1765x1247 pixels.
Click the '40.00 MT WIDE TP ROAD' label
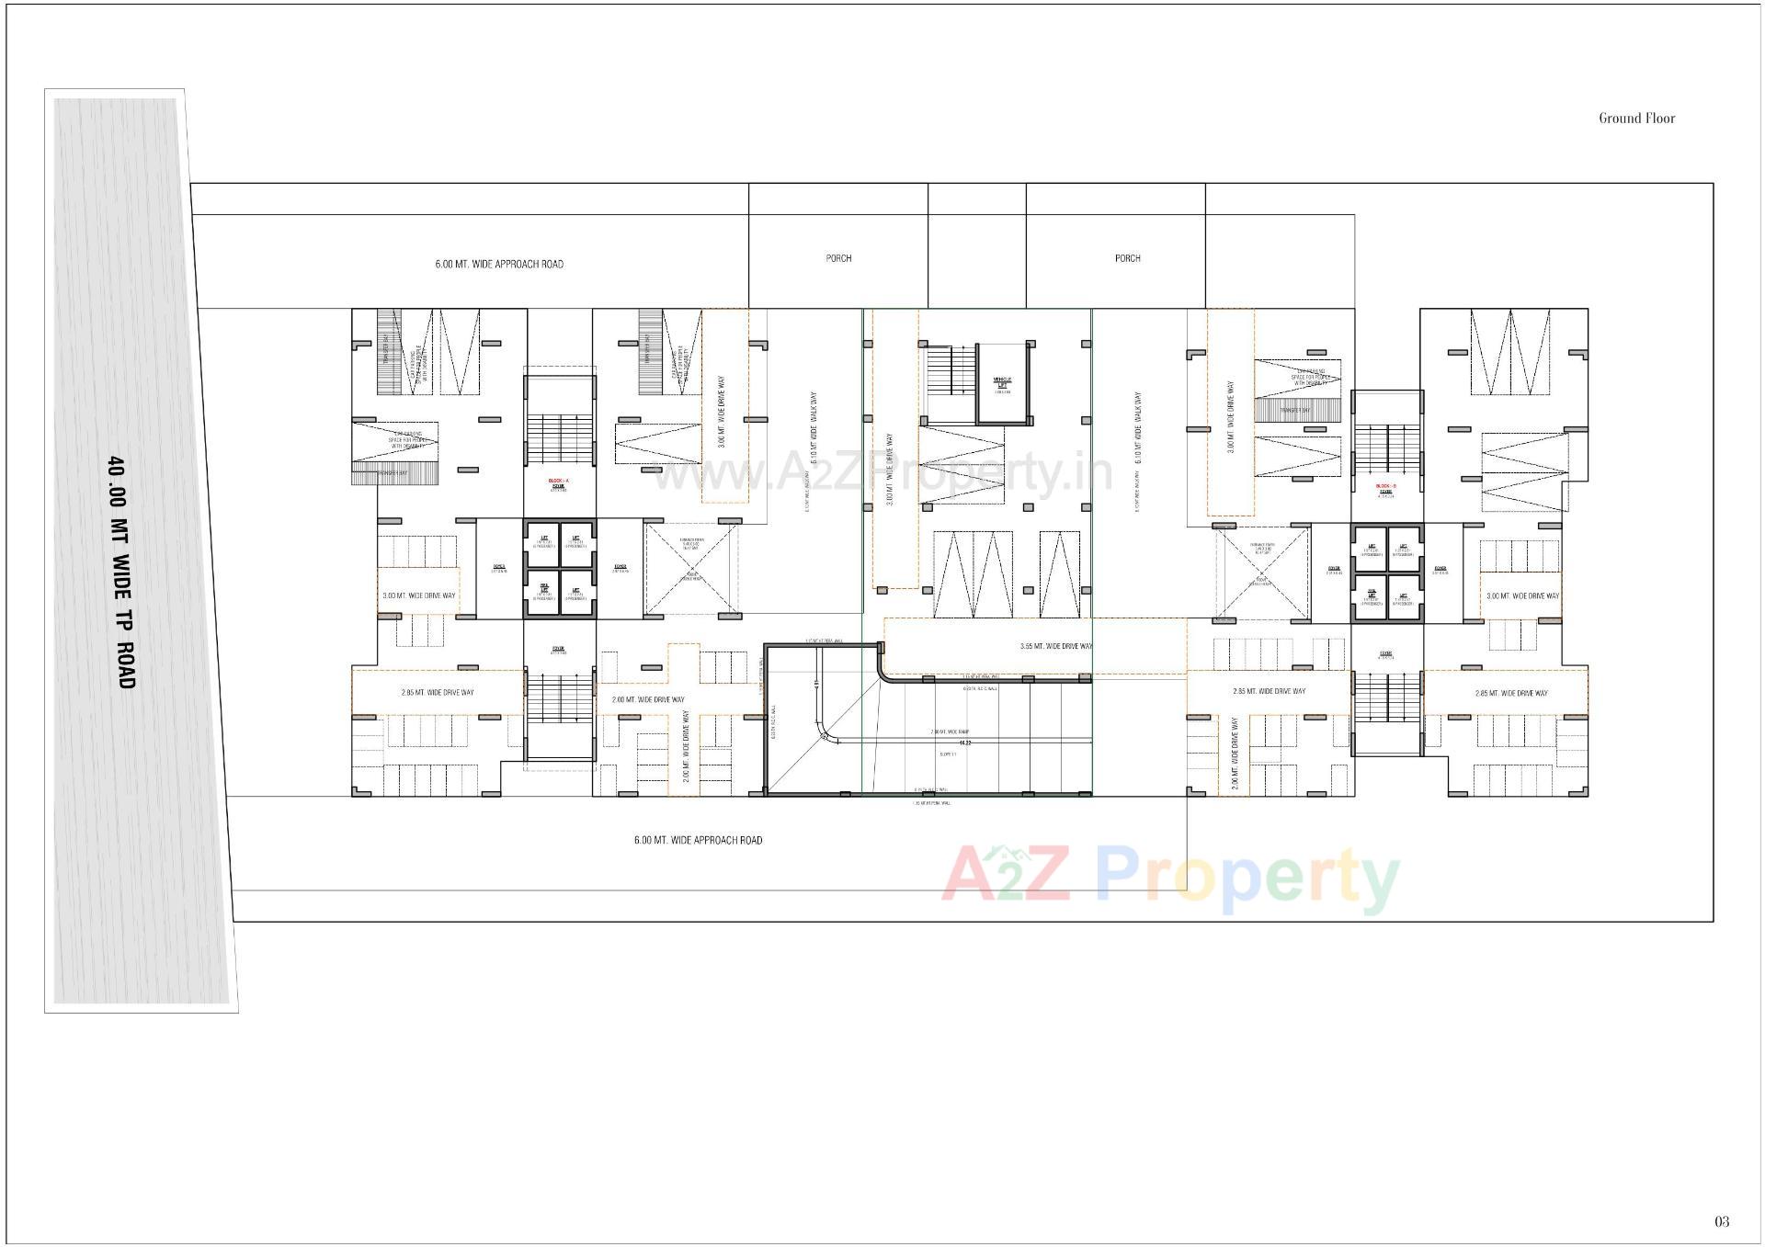[121, 572]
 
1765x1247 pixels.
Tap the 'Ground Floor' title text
[1636, 118]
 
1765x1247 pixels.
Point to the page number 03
[1722, 1221]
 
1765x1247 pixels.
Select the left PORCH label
[838, 258]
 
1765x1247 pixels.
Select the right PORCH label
[1127, 258]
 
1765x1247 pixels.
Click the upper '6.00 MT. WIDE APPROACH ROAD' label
[499, 264]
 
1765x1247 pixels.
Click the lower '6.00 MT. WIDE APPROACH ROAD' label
[698, 840]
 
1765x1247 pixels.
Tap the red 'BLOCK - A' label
[558, 482]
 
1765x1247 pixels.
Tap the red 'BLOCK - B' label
[1385, 486]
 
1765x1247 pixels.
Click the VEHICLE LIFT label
[1001, 381]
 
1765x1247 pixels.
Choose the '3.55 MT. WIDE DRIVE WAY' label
[1056, 646]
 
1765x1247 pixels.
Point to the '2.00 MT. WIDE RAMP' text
[950, 732]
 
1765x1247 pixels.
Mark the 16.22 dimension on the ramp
[965, 742]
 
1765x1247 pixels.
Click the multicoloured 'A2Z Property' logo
[1169, 878]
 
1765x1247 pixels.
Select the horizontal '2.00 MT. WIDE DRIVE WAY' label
[648, 699]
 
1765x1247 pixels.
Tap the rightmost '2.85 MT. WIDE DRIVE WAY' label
[1510, 693]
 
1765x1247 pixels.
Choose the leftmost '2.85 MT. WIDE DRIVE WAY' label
[438, 692]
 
